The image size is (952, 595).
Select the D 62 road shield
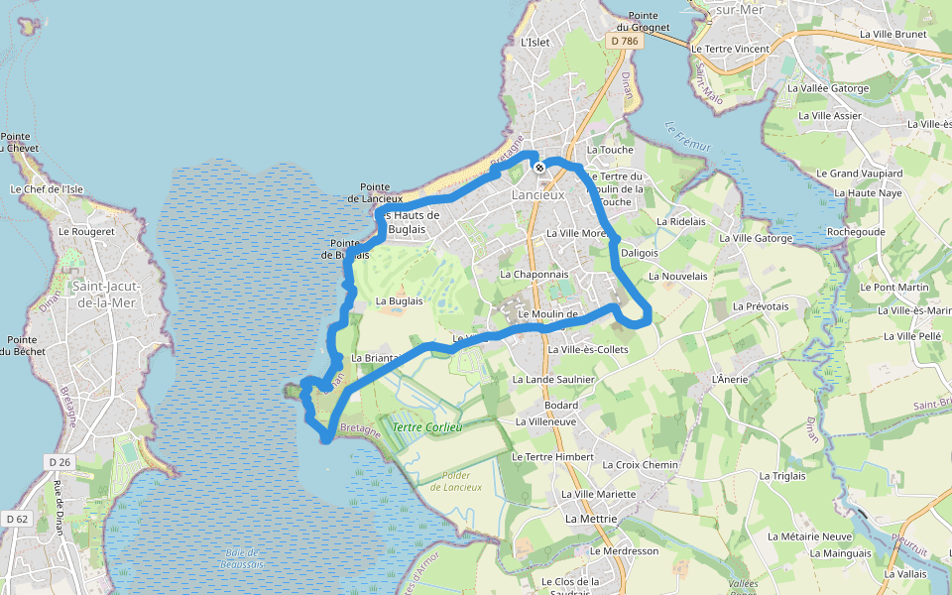(16, 519)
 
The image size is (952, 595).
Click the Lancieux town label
(537, 195)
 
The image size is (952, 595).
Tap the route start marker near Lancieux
(539, 169)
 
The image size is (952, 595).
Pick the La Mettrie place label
(591, 519)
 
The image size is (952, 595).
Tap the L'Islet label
(535, 42)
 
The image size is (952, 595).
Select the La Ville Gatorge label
(756, 238)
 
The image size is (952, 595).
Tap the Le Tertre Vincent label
(730, 49)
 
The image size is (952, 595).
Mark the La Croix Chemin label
(641, 465)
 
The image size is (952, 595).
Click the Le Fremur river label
(688, 137)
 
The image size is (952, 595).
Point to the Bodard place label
(560, 406)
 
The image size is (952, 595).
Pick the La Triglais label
(782, 476)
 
